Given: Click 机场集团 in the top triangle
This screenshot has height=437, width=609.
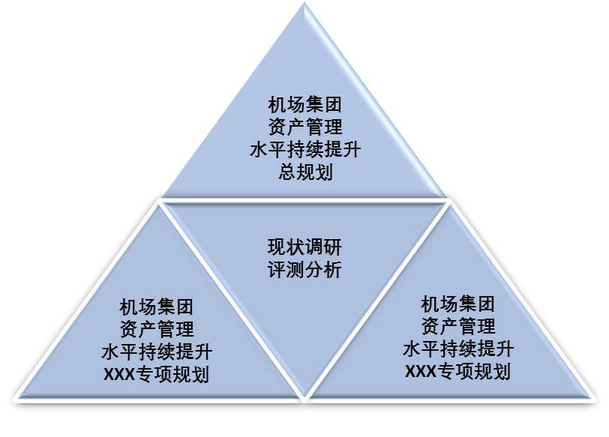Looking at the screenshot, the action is tap(305, 103).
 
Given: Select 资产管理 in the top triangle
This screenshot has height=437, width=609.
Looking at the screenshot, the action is tap(305, 126).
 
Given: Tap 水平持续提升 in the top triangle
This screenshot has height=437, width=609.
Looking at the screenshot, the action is tap(305, 149).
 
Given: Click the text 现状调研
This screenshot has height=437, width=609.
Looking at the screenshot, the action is tap(304, 247).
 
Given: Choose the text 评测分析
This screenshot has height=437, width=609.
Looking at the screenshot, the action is tap(304, 270).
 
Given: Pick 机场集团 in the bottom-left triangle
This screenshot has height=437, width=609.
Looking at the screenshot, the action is tap(156, 307).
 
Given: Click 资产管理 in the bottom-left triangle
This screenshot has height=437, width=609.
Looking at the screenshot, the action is tap(156, 329).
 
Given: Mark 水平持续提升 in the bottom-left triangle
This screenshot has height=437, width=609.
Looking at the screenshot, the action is tap(156, 352).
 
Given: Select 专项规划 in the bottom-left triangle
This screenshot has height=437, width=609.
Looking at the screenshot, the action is tap(172, 374).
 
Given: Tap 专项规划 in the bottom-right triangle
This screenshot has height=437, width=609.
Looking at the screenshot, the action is tap(474, 372).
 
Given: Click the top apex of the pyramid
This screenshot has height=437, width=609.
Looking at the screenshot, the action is tap(305, 5).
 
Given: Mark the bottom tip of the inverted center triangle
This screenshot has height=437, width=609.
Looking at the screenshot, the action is tap(304, 396).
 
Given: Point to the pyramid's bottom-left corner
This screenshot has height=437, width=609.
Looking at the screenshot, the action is tap(16, 397).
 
